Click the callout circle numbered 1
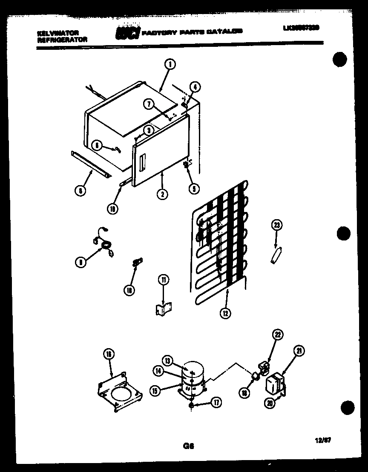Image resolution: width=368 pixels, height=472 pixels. point(170,65)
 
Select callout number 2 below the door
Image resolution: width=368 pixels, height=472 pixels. point(162,194)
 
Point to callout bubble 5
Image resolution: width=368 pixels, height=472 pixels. point(194,189)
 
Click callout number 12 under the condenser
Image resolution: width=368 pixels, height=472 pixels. point(226,314)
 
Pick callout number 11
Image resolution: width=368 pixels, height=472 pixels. point(164,280)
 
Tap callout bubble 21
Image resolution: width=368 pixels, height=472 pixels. point(300,351)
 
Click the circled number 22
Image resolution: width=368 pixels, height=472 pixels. point(277,335)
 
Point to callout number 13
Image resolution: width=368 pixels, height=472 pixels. point(168,361)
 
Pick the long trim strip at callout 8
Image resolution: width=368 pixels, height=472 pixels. point(90,164)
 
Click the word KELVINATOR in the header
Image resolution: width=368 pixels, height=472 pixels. point(54,33)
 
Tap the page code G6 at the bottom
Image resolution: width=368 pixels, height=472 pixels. point(189,446)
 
